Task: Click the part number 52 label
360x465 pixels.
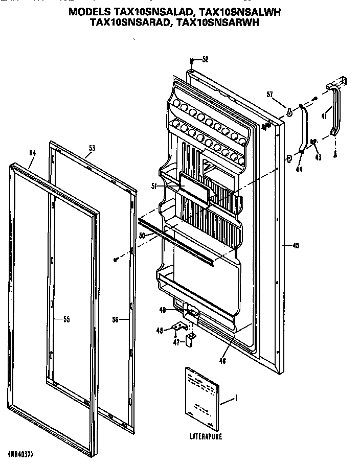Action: [205, 59]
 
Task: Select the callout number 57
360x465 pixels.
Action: [269, 94]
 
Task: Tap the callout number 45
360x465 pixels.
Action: [296, 246]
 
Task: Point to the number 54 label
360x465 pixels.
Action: [33, 152]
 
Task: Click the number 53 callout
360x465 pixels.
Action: [92, 148]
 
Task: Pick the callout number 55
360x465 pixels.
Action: [66, 320]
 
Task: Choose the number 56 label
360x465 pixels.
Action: [115, 320]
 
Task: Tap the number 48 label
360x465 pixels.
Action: [159, 331]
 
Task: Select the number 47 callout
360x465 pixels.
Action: [175, 342]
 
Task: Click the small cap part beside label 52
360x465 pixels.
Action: [191, 59]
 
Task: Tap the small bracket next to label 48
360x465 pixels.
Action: [176, 325]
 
